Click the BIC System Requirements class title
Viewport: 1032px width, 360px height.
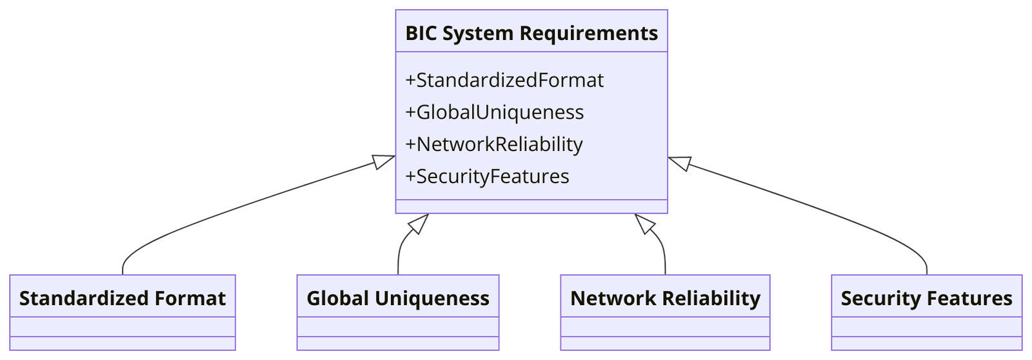point(531,33)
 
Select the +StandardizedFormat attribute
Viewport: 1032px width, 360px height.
point(504,80)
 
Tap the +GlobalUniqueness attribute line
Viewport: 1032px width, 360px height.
point(494,112)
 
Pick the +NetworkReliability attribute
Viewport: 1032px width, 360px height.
point(493,144)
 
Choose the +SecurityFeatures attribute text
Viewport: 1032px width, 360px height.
point(487,176)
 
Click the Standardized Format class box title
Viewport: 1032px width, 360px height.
point(123,298)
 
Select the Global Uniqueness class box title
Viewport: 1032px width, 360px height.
point(398,298)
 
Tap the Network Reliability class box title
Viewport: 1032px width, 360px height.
point(665,298)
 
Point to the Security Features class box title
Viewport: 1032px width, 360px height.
point(926,298)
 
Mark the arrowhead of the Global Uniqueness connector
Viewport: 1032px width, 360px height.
point(420,223)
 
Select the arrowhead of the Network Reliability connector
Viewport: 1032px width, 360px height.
point(644,223)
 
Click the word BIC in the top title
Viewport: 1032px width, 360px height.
point(421,33)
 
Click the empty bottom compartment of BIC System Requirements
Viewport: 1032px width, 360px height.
point(531,206)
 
